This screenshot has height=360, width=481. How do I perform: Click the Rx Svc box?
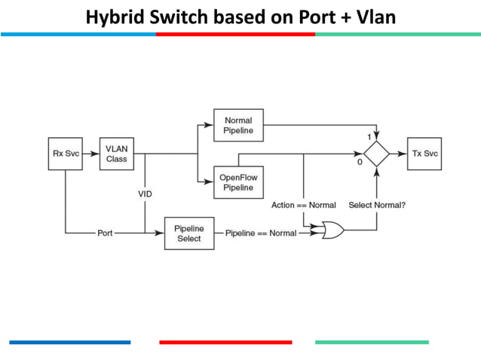[65, 154]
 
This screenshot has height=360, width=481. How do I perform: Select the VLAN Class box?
[116, 154]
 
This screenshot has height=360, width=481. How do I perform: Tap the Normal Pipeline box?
[238, 125]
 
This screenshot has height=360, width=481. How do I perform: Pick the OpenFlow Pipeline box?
[238, 182]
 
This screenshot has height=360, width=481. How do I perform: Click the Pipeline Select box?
[188, 233]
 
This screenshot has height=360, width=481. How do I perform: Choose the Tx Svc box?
[423, 154]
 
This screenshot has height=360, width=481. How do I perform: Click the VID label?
[145, 194]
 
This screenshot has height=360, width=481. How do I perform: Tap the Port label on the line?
[106, 233]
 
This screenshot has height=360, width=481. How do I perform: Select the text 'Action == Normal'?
[304, 205]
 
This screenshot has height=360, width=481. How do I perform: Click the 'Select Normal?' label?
[377, 205]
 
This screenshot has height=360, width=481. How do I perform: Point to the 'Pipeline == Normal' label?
[261, 233]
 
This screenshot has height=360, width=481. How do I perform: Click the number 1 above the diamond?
[369, 137]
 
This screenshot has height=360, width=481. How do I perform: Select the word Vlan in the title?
[377, 17]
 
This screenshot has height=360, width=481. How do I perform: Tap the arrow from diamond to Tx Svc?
[398, 154]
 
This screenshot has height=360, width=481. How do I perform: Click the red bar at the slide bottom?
[225, 343]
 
